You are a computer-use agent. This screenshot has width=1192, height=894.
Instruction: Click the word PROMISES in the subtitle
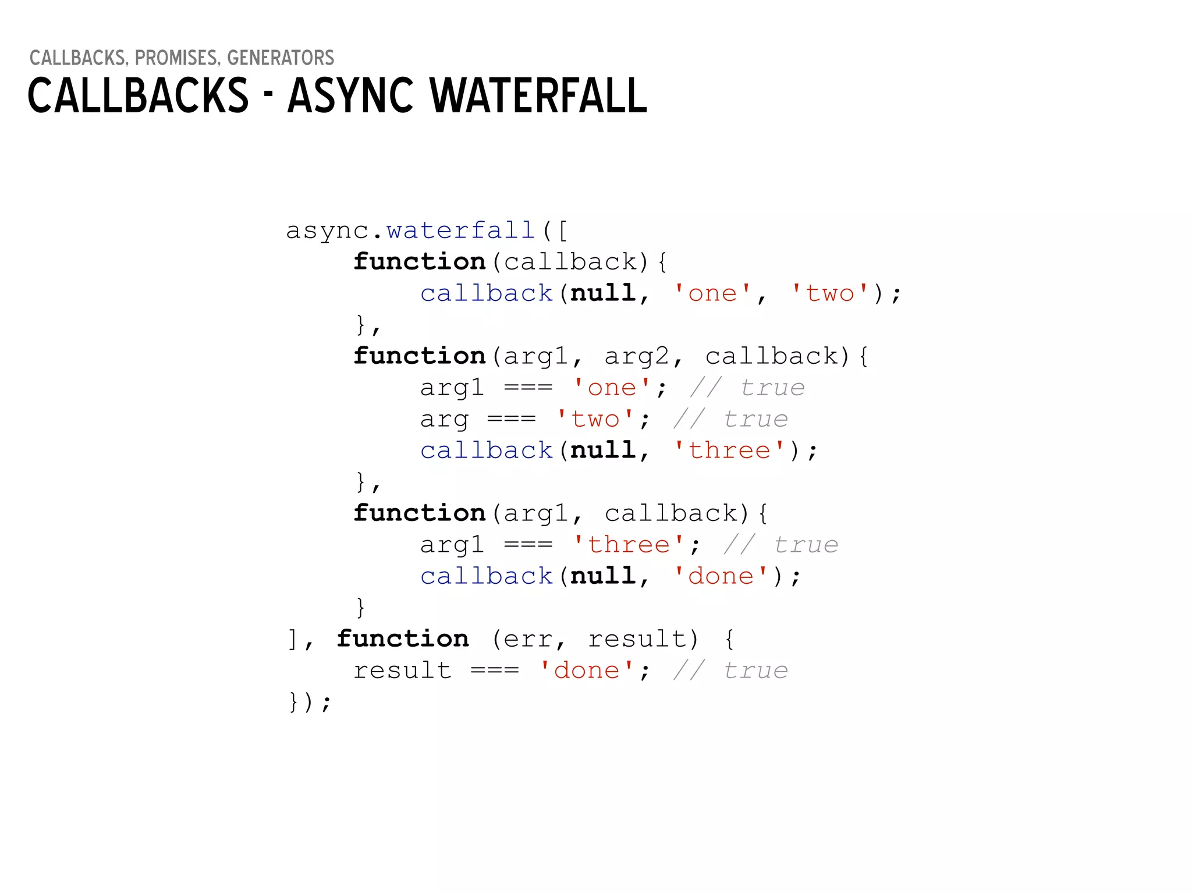tap(176, 58)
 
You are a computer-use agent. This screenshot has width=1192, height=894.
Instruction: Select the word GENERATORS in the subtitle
tap(281, 58)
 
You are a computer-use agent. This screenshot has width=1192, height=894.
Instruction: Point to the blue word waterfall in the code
tap(460, 230)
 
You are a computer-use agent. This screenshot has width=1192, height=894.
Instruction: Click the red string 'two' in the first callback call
tap(830, 293)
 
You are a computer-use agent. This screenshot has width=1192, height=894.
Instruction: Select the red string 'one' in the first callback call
tap(712, 293)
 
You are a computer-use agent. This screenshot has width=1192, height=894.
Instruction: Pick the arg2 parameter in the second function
tap(637, 356)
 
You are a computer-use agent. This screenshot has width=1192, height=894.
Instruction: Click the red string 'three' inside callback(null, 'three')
tap(729, 450)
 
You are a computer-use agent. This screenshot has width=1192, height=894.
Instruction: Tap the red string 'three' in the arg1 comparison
tap(629, 545)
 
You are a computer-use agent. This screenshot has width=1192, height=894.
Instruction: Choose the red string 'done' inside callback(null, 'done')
tap(721, 576)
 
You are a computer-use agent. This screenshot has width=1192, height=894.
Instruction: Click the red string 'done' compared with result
tap(587, 670)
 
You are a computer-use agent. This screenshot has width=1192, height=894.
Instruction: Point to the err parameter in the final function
tap(527, 639)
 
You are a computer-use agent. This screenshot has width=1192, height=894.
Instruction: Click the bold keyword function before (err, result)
tap(403, 639)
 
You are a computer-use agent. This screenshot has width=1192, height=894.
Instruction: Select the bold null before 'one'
tap(603, 293)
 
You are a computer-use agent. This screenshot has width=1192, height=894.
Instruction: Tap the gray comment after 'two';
tap(730, 419)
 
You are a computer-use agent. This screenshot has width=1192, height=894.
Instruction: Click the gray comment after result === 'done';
tap(730, 670)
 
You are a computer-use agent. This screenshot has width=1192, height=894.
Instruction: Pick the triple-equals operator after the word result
tap(495, 670)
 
